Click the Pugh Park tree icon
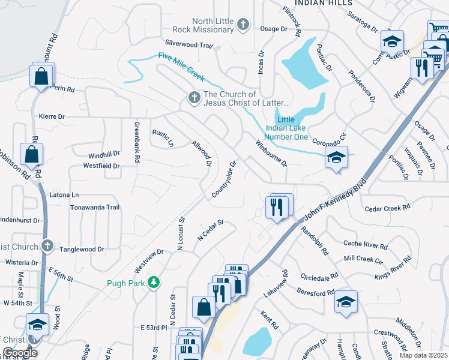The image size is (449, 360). [154, 282]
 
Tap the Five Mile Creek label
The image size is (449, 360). [181, 66]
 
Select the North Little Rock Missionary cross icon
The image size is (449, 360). [243, 25]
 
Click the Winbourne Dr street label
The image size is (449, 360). [271, 154]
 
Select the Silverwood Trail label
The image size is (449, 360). [190, 45]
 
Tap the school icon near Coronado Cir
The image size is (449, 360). [337, 158]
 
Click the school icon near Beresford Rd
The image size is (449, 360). [346, 301]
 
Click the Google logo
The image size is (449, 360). [19, 353]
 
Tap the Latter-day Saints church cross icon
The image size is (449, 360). [193, 97]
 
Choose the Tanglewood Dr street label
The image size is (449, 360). [82, 249]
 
